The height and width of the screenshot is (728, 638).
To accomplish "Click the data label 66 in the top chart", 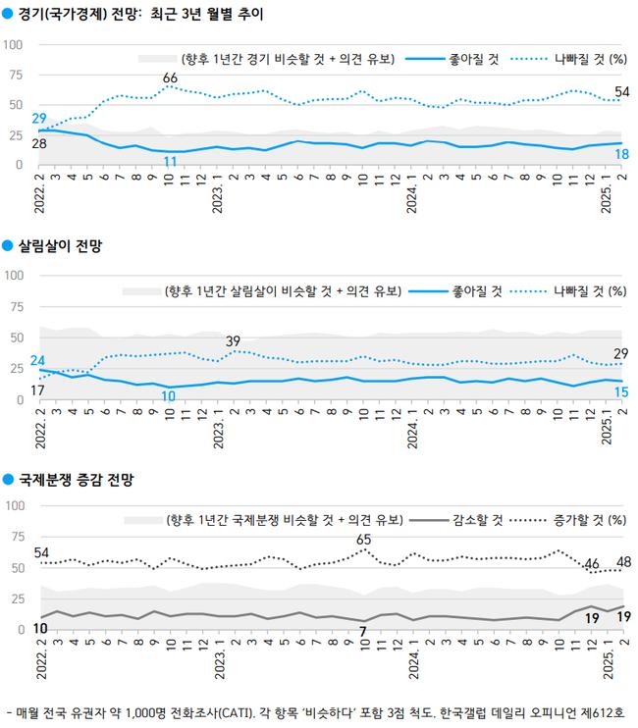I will pyautogui.click(x=170, y=78).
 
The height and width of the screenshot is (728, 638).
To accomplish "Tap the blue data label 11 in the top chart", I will pyautogui.click(x=170, y=161).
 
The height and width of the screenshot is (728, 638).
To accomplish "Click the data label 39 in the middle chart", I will pyautogui.click(x=234, y=340).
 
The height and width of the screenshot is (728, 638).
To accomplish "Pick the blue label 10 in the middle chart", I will pyautogui.click(x=170, y=395).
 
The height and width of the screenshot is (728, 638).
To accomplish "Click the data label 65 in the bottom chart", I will pyautogui.click(x=363, y=539).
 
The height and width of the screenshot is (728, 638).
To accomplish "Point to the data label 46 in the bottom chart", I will pyautogui.click(x=592, y=563).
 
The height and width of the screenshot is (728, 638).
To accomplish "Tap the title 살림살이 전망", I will pyautogui.click(x=60, y=246).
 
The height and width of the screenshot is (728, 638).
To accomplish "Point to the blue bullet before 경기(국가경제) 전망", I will pyautogui.click(x=9, y=15).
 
